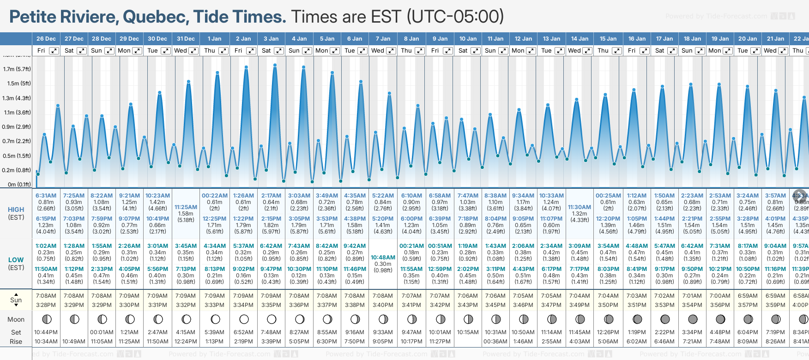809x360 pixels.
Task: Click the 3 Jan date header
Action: pos(271,39)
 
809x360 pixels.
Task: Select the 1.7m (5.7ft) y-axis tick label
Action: pos(17,69)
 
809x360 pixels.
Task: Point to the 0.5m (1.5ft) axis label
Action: pos(17,156)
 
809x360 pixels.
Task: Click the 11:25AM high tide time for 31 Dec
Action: pos(186,207)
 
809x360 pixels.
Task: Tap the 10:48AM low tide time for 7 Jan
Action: pos(383,258)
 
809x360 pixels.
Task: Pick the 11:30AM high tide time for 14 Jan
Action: pos(580,207)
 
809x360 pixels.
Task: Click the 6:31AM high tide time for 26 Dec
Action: pos(46,196)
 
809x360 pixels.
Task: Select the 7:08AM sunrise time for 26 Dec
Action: pos(46,296)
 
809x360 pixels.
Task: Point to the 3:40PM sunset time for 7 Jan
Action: pos(383,305)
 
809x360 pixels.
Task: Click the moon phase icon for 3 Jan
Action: pos(272,319)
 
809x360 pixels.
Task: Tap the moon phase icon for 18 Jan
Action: pos(693,319)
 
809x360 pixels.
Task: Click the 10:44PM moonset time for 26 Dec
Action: pos(46,332)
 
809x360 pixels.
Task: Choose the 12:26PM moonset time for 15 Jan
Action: pos(608,332)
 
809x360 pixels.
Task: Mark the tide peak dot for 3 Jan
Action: pos(275,65)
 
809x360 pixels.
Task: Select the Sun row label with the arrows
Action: pos(16,300)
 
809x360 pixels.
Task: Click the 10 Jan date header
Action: pos(468,39)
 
